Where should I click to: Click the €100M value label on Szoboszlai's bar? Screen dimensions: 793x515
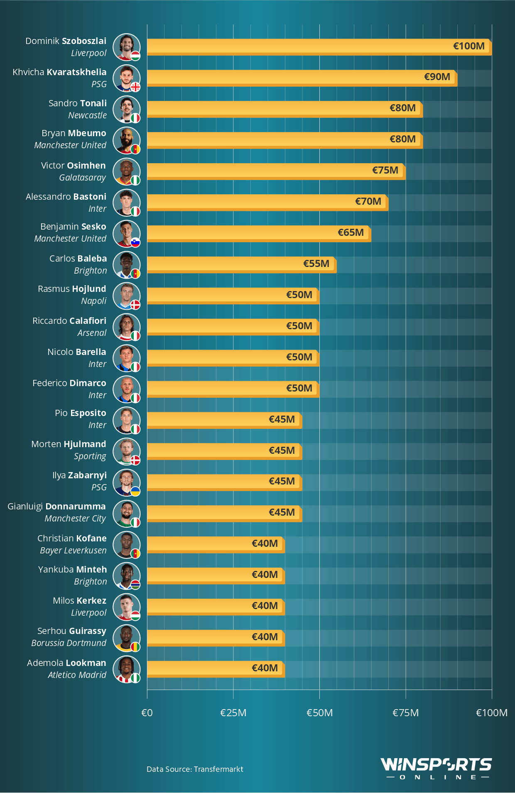click(468, 46)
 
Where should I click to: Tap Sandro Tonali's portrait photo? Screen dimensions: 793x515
click(126, 109)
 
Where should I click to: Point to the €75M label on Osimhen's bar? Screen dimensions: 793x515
click(385, 170)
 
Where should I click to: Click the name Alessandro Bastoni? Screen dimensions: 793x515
click(66, 196)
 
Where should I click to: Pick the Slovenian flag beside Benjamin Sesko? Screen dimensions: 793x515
click(135, 242)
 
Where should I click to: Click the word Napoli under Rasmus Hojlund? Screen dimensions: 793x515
click(94, 301)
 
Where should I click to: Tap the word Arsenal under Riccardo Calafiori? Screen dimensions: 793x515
click(92, 333)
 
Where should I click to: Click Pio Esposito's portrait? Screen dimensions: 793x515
click(126, 420)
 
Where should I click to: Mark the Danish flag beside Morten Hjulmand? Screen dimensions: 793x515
click(135, 460)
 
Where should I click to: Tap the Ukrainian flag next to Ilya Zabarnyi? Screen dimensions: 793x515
click(135, 491)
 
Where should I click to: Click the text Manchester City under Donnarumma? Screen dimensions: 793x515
click(75, 519)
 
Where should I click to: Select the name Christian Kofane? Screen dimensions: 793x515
click(72, 538)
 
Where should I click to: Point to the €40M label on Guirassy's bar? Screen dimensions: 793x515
click(265, 637)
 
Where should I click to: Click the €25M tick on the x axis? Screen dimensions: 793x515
click(233, 713)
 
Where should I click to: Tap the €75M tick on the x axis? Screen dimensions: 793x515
click(405, 713)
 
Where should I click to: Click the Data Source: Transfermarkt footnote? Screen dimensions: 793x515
click(195, 769)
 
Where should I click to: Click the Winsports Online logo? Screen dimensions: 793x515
click(436, 769)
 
